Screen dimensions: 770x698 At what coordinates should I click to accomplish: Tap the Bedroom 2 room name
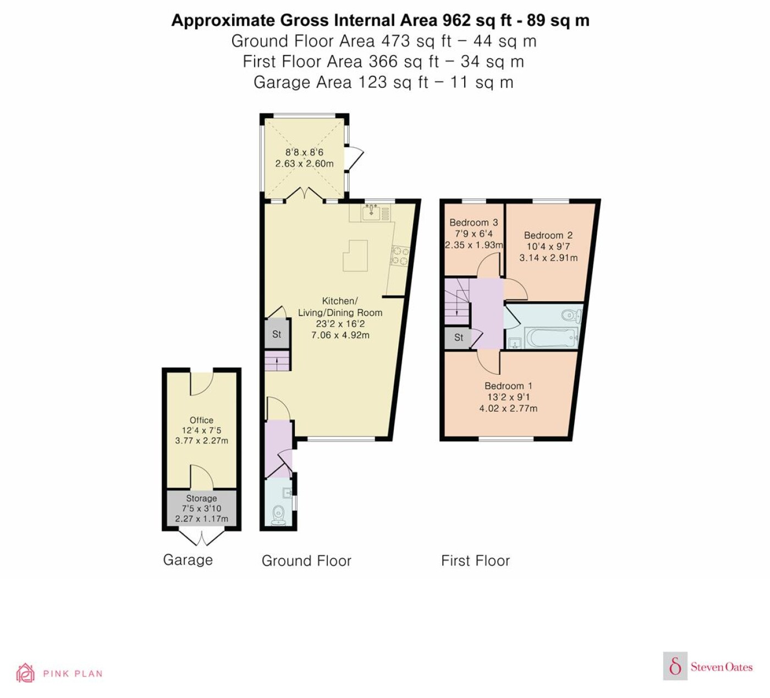click(548, 235)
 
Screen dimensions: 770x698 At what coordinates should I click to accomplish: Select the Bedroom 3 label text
click(474, 222)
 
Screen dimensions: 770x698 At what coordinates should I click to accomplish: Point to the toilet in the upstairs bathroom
click(573, 315)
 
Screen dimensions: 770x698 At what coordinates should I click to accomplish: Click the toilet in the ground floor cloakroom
click(278, 514)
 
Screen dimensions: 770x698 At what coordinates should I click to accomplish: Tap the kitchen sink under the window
click(371, 212)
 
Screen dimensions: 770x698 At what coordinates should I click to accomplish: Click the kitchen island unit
click(356, 255)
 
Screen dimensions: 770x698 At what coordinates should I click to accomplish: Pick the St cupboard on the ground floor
click(277, 334)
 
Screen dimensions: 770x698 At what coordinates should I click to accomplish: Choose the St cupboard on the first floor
click(458, 337)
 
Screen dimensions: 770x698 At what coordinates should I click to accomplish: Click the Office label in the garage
click(201, 420)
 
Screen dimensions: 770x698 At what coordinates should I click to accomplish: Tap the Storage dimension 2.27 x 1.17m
click(201, 519)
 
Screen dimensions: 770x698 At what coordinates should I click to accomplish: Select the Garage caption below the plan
click(188, 560)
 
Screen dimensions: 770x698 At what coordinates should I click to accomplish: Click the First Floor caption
click(475, 561)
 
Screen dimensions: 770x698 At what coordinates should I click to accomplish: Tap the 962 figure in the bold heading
click(457, 20)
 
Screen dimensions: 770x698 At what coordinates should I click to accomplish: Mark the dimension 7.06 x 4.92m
click(340, 335)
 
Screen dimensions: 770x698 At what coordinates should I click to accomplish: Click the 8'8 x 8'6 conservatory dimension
click(304, 152)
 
